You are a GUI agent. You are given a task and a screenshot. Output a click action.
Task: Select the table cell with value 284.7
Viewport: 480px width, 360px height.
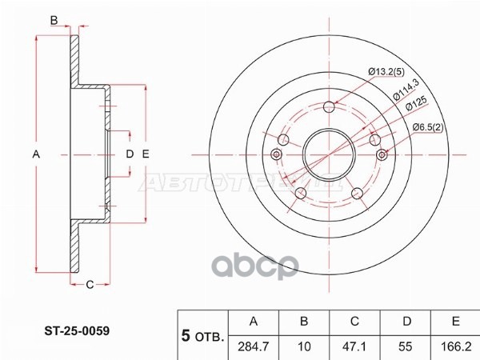click(x=254, y=346)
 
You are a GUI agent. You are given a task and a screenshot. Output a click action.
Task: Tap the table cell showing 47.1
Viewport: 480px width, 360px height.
click(x=354, y=346)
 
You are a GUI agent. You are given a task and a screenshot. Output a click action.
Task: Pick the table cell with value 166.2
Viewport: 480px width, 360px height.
click(x=454, y=346)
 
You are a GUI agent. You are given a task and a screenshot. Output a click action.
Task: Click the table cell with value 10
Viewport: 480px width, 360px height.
click(x=304, y=346)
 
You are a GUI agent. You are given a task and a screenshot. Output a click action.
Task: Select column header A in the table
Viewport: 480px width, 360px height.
click(x=254, y=322)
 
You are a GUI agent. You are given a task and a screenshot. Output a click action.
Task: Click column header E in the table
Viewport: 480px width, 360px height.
click(x=454, y=322)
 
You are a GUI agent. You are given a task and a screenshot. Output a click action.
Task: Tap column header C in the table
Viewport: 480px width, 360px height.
click(x=354, y=322)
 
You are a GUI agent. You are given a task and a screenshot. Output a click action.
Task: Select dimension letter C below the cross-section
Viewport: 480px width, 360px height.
click(x=90, y=284)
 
